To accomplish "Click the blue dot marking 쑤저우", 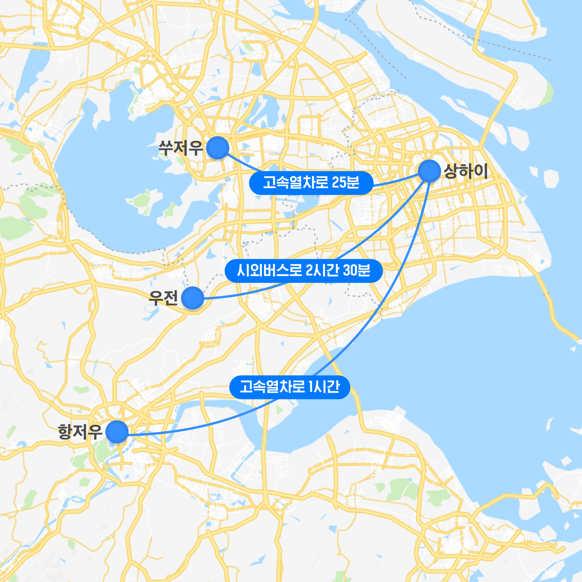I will pyautogui.click(x=217, y=147).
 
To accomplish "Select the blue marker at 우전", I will pyautogui.click(x=192, y=298).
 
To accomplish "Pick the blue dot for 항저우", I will pyautogui.click(x=117, y=432).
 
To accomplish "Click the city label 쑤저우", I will pyautogui.click(x=180, y=147).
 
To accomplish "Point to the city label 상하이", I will pyautogui.click(x=465, y=171).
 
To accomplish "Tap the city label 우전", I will pyautogui.click(x=163, y=298).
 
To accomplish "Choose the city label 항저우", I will pyautogui.click(x=80, y=432).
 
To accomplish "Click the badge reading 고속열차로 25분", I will pyautogui.click(x=311, y=183).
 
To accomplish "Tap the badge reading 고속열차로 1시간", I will pyautogui.click(x=290, y=387).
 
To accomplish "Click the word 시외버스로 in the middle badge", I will pyautogui.click(x=269, y=271).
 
